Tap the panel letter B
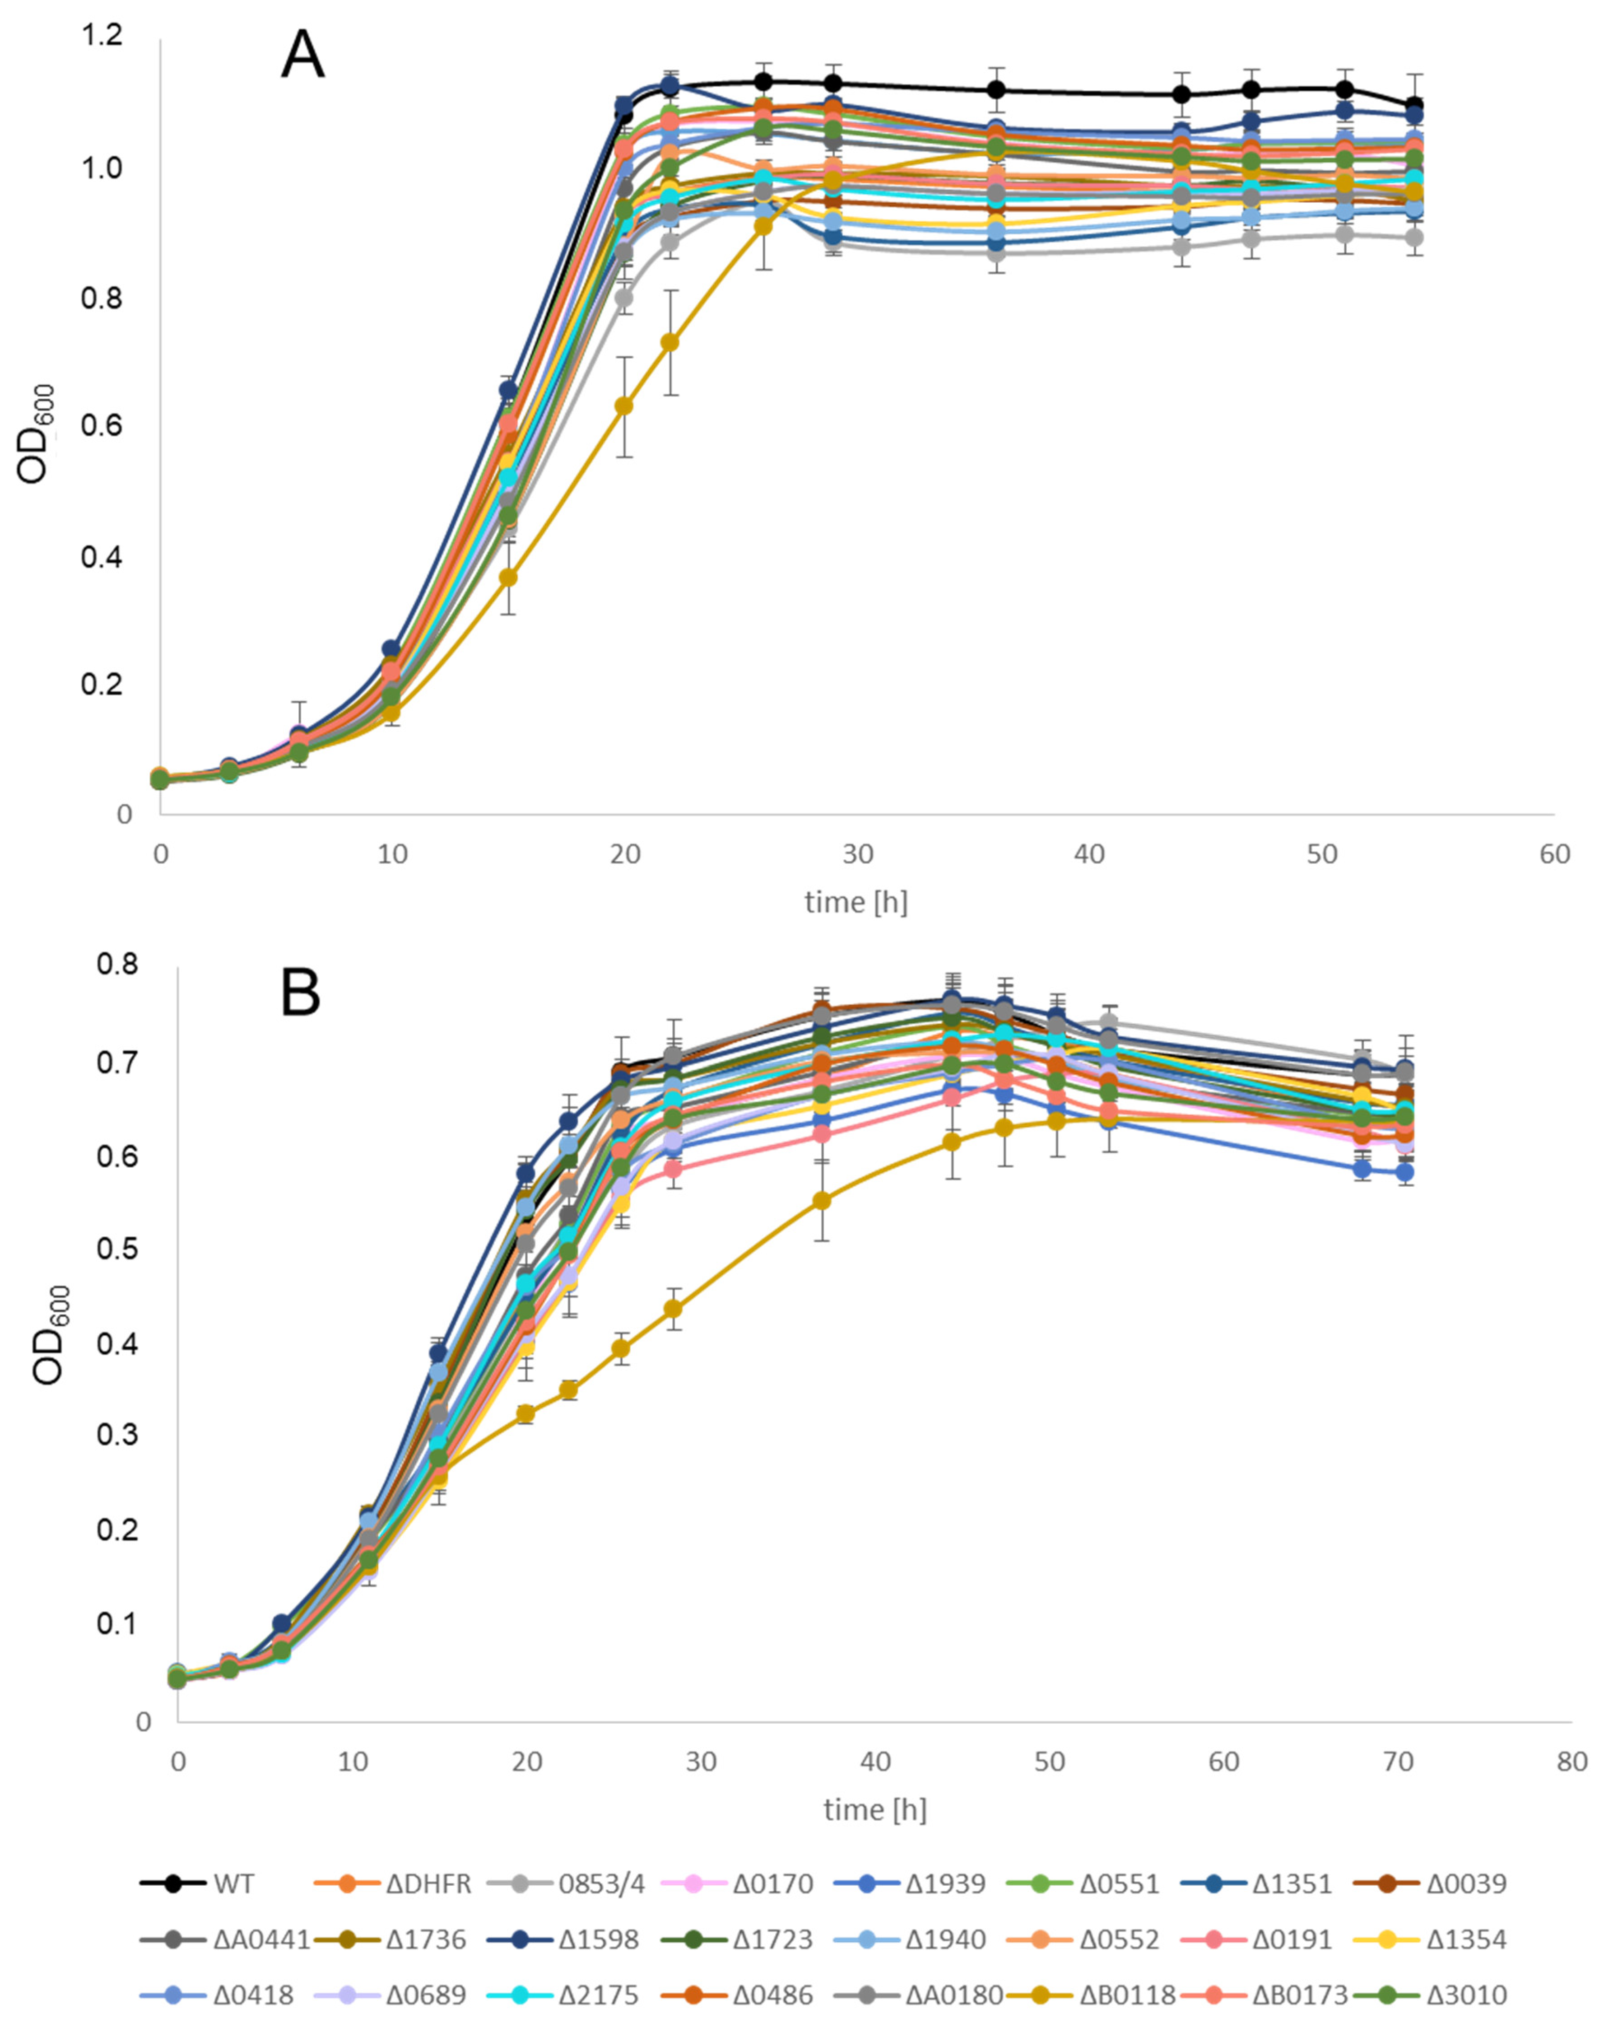click(301, 993)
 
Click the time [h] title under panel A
click(855, 902)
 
